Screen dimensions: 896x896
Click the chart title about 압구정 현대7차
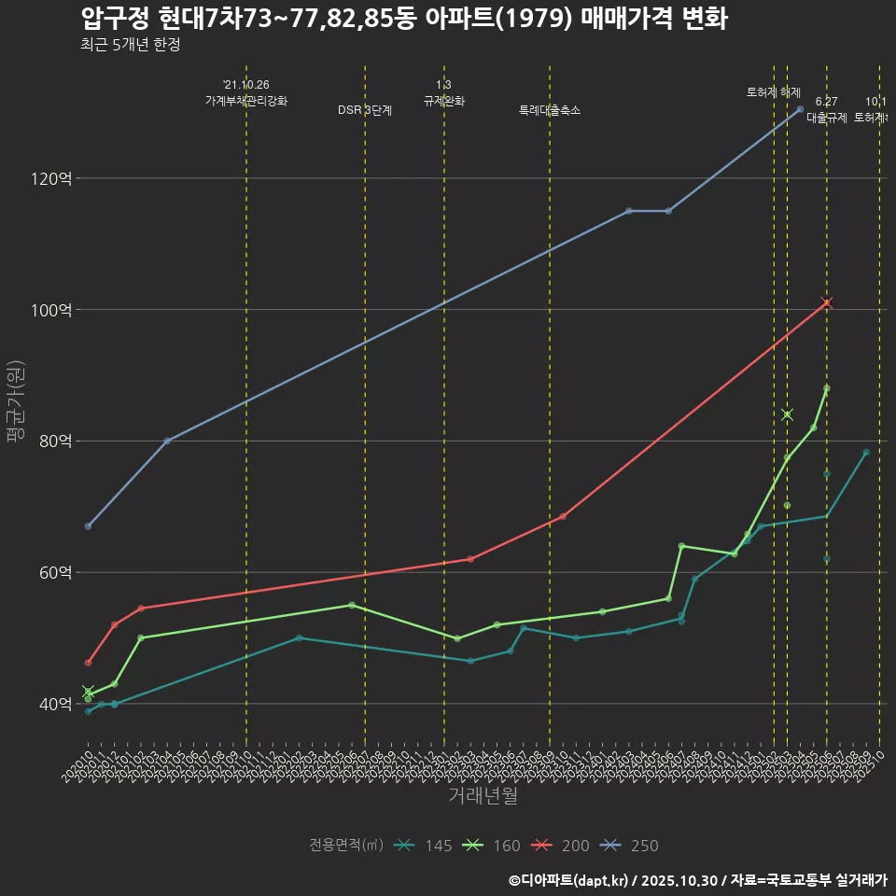(x=403, y=19)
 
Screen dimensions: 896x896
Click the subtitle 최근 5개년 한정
(x=130, y=45)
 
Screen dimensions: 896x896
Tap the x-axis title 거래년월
(x=483, y=795)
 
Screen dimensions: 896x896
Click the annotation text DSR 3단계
(x=364, y=110)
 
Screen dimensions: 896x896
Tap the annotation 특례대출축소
(x=550, y=110)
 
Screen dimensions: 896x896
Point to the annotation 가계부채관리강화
(x=246, y=100)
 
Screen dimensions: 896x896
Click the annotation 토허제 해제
(x=774, y=92)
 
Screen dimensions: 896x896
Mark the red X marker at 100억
(x=826, y=302)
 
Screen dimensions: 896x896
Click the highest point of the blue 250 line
(x=800, y=109)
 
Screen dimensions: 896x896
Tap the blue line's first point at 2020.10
(x=88, y=526)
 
